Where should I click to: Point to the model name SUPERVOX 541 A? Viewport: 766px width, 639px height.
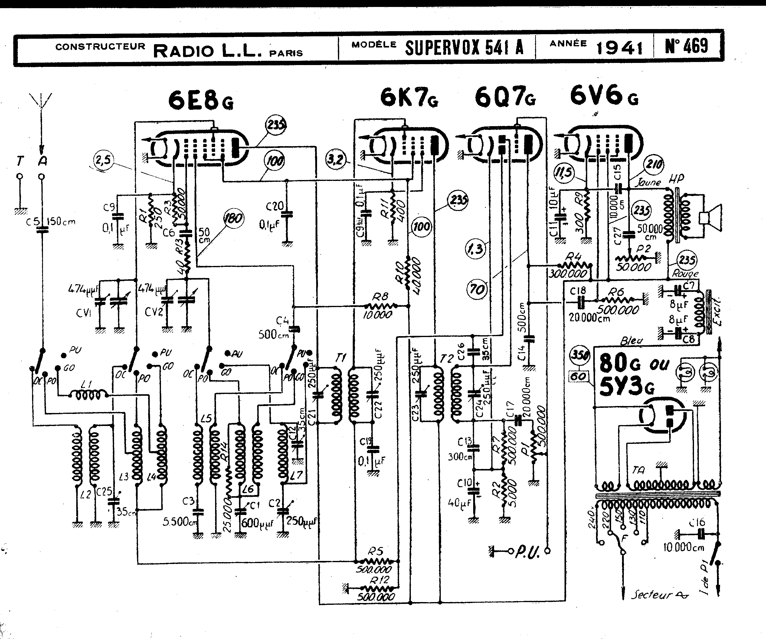click(x=464, y=48)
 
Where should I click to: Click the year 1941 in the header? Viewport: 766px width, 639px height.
click(x=619, y=48)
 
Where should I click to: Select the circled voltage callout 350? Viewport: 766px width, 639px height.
click(x=579, y=355)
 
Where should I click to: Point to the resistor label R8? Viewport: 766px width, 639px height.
click(x=380, y=297)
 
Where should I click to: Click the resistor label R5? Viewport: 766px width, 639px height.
click(x=375, y=551)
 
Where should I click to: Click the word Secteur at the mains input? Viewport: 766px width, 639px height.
click(x=651, y=595)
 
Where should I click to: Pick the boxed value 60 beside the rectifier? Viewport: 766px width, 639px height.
click(x=578, y=376)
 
